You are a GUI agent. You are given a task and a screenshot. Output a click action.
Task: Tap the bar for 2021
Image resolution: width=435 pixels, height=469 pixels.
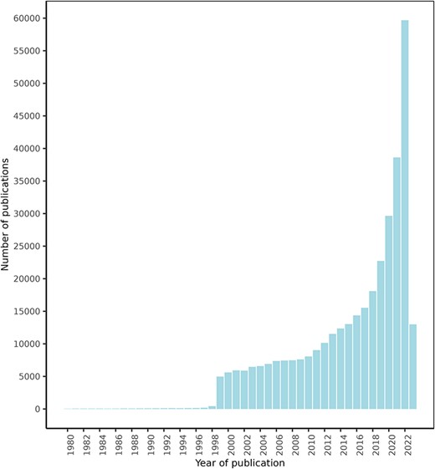point(397,283)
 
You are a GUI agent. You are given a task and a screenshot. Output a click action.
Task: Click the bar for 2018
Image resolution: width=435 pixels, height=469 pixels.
point(373,350)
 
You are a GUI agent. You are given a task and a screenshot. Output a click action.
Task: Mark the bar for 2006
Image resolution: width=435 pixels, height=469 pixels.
point(276,385)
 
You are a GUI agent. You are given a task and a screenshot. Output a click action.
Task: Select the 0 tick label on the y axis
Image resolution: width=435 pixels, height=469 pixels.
point(38,410)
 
